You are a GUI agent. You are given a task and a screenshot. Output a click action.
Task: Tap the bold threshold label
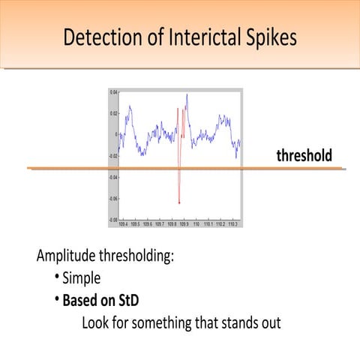304,156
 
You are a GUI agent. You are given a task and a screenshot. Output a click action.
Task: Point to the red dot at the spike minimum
179,202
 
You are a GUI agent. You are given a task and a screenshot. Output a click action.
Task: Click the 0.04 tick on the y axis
113,91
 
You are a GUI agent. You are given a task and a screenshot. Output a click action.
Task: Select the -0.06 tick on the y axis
112,199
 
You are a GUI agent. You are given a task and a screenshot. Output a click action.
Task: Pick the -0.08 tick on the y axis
112,220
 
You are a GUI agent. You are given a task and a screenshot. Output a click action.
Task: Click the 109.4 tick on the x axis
121,223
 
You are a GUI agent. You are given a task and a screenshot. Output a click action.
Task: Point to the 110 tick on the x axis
196,223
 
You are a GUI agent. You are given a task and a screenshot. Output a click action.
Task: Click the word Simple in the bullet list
81,278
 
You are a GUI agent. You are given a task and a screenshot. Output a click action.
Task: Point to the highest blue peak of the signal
187,94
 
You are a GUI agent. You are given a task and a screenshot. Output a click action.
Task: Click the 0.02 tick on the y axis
113,113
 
